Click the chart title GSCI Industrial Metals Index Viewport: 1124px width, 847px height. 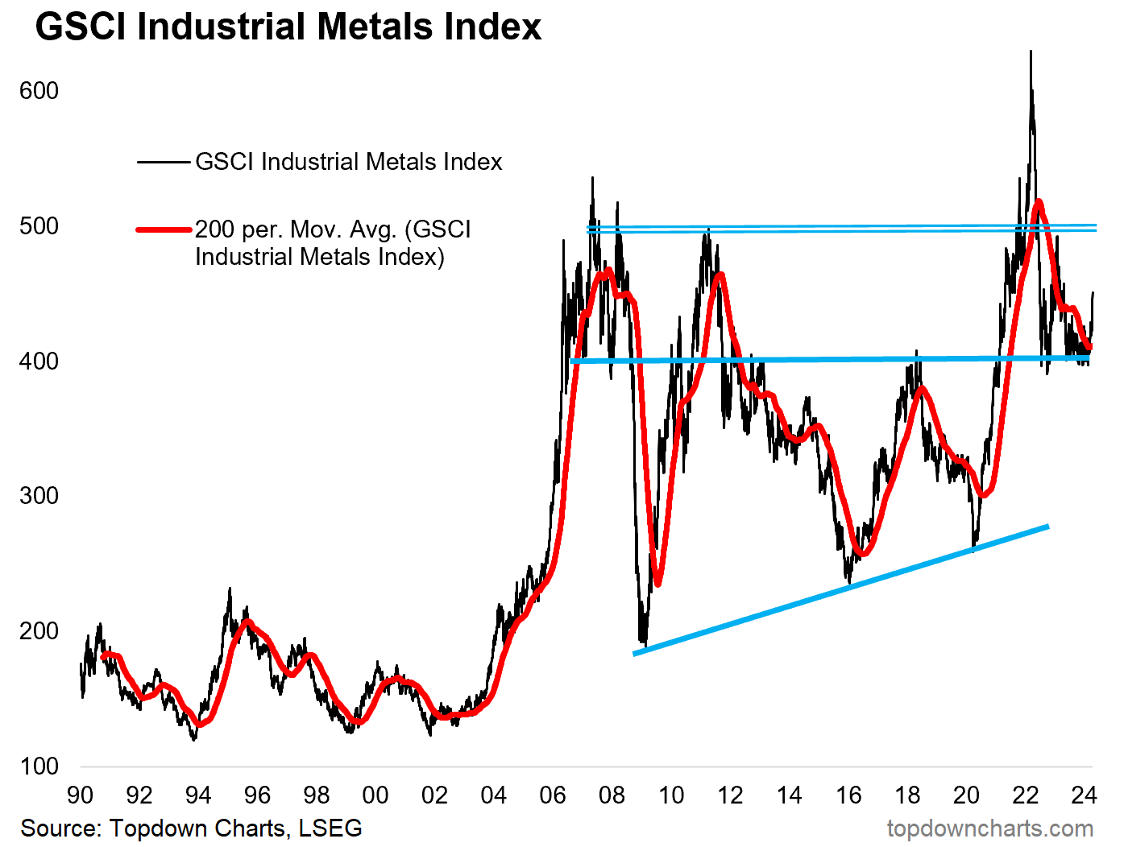point(288,27)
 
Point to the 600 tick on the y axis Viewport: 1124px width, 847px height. point(39,91)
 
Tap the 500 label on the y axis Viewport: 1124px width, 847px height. point(39,226)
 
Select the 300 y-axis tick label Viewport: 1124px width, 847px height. point(39,496)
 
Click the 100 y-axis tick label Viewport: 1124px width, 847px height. point(39,766)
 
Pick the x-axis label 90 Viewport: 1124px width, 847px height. point(80,795)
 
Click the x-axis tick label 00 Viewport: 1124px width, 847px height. point(375,795)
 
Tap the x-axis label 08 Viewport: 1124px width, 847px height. point(612,795)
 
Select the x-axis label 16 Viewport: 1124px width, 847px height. point(848,795)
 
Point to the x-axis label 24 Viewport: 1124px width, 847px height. point(1084,795)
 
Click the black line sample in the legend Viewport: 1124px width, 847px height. point(164,162)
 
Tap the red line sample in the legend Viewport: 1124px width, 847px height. point(164,229)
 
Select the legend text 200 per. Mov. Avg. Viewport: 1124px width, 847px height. point(332,243)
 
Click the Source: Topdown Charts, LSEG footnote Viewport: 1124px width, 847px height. point(191,828)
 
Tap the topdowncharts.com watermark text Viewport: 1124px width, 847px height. point(989,828)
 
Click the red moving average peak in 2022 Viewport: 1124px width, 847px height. point(1039,201)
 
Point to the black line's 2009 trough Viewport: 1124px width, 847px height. point(643,644)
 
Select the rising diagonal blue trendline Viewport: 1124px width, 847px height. point(840,590)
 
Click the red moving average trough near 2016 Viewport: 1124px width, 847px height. point(861,554)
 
